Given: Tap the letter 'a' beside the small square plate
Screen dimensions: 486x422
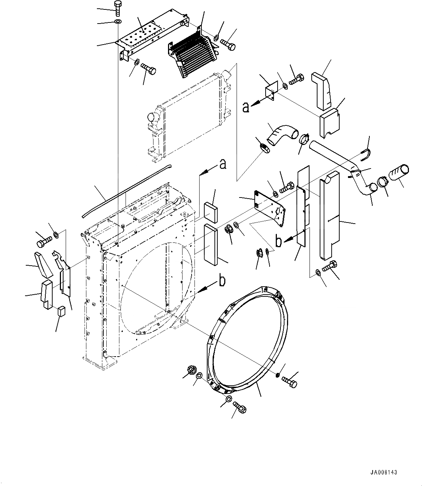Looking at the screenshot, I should pos(246,107).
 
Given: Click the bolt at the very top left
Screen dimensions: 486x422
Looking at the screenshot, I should pos(118,7).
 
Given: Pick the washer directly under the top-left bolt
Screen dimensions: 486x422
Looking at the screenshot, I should pos(118,22).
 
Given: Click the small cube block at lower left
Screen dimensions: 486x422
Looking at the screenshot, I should pos(61,311).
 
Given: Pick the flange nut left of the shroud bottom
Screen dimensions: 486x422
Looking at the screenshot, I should pos(191,371).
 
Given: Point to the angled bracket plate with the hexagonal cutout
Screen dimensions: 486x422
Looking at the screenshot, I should pos(270,206).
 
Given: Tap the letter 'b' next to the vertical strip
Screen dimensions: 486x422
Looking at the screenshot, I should pos(279,241).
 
